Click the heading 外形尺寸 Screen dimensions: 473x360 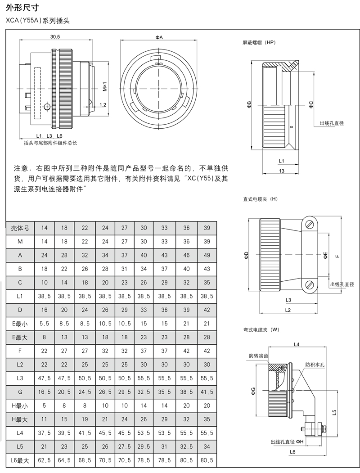(21, 8)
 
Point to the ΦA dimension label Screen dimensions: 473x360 (159, 37)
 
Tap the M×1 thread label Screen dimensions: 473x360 (104, 86)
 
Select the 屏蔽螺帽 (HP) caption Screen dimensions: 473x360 (259, 42)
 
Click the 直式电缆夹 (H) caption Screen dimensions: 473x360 (261, 199)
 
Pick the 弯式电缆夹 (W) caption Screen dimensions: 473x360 (261, 330)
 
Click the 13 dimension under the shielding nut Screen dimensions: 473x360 (281, 171)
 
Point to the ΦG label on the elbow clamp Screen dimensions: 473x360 (253, 391)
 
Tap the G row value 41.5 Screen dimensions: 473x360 (206, 379)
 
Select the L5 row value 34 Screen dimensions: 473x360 (206, 447)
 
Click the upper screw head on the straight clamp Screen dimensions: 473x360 (308, 224)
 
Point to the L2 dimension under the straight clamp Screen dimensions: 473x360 (288, 310)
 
